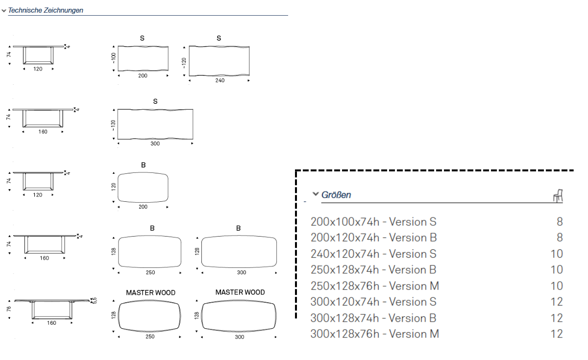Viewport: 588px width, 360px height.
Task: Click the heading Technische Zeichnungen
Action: click(x=46, y=10)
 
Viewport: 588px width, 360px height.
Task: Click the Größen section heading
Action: click(x=336, y=195)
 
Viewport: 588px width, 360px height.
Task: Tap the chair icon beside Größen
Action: click(x=558, y=196)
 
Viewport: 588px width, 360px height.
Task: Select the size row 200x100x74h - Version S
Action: click(x=373, y=222)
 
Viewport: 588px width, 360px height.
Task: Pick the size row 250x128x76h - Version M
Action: click(x=375, y=286)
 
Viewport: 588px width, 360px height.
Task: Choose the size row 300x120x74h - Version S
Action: click(x=373, y=302)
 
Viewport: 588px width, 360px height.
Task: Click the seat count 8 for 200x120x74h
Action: click(x=560, y=238)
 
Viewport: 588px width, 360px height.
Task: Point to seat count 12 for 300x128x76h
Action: click(x=557, y=334)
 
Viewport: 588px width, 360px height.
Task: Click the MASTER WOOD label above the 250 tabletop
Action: click(x=150, y=293)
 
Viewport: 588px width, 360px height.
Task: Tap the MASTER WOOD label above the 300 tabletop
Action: click(x=240, y=292)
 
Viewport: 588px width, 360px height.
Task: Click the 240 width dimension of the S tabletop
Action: click(x=220, y=80)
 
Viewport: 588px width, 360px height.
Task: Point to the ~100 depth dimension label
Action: click(x=114, y=58)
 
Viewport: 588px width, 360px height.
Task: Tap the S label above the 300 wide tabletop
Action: click(x=155, y=102)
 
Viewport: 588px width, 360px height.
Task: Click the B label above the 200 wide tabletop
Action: click(x=143, y=166)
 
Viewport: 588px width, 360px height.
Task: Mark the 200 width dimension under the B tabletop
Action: click(x=143, y=207)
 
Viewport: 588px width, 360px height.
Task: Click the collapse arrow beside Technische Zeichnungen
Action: click(x=4, y=10)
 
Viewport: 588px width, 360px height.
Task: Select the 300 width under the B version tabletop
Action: click(x=241, y=272)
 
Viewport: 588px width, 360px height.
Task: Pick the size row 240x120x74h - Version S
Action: click(x=373, y=254)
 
